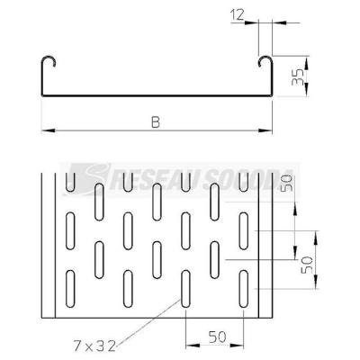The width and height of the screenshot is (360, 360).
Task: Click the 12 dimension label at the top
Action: click(238, 15)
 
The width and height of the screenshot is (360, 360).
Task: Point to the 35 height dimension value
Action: click(298, 77)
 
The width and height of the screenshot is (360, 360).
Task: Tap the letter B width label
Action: click(156, 122)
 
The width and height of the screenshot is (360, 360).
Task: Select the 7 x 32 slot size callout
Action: click(94, 346)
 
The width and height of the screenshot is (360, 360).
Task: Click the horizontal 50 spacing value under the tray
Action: click(217, 337)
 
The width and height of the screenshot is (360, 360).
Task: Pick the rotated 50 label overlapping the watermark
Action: click(286, 184)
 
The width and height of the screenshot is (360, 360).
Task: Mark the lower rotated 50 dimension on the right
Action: click(307, 265)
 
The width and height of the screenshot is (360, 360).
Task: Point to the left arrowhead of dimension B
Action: click(48, 130)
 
